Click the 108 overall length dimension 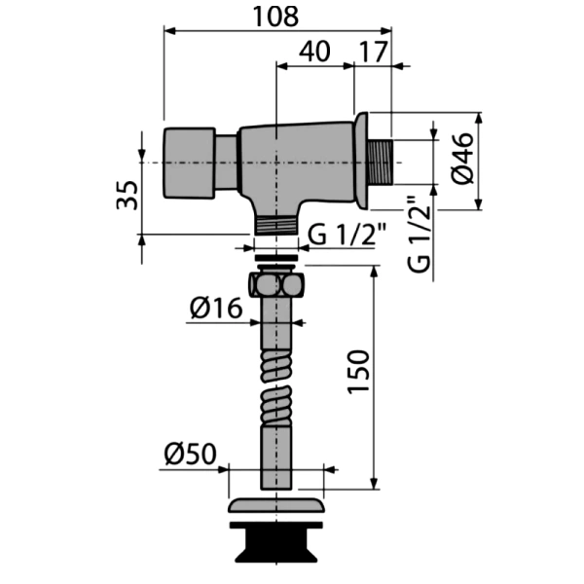click(x=275, y=17)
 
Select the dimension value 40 click(x=314, y=52)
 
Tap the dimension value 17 click(x=374, y=52)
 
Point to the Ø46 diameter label click(x=462, y=159)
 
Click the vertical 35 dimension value click(x=128, y=196)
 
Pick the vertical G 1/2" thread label click(x=420, y=234)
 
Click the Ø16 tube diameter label click(x=216, y=309)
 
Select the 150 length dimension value click(x=358, y=372)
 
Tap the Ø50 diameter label click(x=191, y=454)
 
